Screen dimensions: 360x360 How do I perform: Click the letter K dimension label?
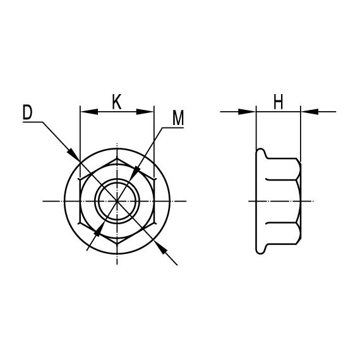pos(117,101)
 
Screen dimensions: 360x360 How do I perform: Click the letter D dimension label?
pos(27,112)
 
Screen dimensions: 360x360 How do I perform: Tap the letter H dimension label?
pos(278,101)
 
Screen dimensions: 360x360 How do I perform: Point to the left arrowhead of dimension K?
pos(86,112)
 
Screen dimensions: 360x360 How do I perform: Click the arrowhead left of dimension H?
pos(249,112)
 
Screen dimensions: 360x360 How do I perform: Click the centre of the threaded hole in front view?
pos(117,201)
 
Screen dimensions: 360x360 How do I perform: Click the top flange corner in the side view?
pos(258,150)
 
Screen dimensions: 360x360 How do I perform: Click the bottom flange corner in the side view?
pos(258,252)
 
